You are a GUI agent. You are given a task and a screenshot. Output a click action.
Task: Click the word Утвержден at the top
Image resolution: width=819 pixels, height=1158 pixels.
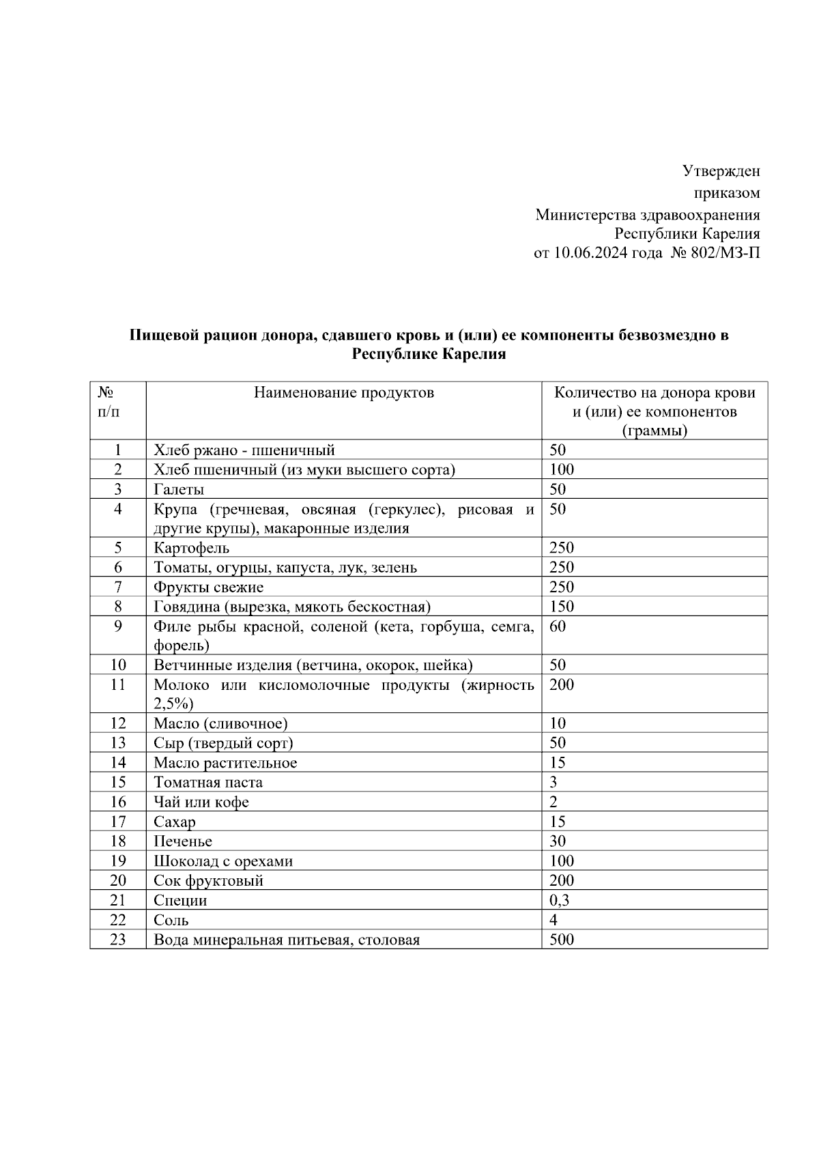point(721,171)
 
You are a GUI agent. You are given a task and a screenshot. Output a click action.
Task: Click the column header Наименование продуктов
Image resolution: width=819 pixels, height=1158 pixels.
point(344,392)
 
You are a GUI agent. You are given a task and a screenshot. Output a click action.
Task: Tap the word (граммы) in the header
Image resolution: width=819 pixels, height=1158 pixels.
point(655,431)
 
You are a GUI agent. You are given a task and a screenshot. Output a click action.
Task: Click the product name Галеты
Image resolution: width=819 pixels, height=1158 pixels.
point(179,489)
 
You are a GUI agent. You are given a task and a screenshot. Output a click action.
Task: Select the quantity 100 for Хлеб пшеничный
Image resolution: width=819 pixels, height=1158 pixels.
point(562,469)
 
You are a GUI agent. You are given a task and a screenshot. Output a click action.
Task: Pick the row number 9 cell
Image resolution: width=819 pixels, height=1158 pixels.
point(118,626)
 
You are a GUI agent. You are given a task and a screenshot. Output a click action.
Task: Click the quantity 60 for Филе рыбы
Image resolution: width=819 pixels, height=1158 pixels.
point(558,626)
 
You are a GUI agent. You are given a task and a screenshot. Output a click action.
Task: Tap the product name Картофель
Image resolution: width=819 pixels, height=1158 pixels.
point(192,548)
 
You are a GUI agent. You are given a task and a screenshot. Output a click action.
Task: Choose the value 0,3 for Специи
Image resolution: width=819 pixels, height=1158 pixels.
point(559,900)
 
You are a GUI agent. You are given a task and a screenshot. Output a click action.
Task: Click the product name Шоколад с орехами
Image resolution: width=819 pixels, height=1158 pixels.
point(223,861)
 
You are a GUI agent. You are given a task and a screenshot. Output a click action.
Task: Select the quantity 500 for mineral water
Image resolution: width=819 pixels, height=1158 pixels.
point(562,940)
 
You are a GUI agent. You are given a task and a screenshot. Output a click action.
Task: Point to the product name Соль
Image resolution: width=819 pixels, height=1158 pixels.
point(171,920)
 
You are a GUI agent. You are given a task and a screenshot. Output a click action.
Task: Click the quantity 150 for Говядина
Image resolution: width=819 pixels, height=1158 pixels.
point(562,607)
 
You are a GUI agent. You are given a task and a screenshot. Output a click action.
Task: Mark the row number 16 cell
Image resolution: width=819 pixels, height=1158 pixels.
point(118,802)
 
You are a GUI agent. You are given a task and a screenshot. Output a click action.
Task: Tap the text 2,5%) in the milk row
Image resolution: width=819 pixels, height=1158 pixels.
point(173,704)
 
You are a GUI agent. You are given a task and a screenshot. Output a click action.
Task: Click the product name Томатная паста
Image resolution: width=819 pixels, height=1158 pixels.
point(208,783)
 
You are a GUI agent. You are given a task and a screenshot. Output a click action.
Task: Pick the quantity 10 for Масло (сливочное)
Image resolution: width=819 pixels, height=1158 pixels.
point(558,723)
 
